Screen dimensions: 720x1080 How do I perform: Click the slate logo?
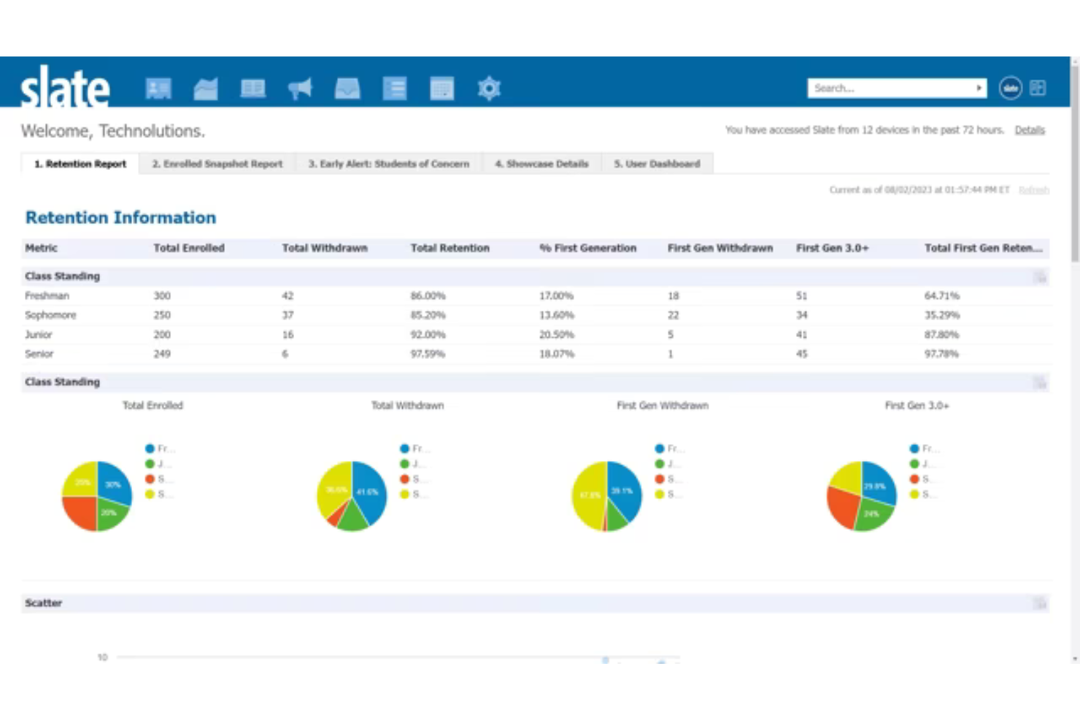(64, 88)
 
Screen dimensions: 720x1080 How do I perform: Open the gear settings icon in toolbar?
(489, 88)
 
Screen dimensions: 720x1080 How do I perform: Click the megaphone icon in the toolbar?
(300, 88)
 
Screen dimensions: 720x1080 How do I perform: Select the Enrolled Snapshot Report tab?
(217, 164)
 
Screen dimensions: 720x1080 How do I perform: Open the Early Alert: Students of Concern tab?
(388, 164)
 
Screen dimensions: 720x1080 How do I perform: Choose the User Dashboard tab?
(657, 164)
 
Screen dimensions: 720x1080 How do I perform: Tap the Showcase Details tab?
(541, 164)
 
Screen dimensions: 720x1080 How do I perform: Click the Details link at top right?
(1029, 130)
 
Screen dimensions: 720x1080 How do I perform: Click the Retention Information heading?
(120, 217)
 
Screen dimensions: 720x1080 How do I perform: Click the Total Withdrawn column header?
(325, 248)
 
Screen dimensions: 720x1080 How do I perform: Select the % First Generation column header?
(587, 248)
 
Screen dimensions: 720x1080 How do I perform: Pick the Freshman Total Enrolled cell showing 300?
(162, 295)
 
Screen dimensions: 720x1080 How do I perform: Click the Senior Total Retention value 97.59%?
(428, 354)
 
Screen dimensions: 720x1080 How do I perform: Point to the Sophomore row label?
(50, 315)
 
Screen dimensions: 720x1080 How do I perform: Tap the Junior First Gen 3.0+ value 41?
(801, 334)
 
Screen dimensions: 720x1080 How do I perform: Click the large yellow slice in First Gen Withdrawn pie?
(587, 496)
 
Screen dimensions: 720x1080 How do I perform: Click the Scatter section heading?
(44, 603)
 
